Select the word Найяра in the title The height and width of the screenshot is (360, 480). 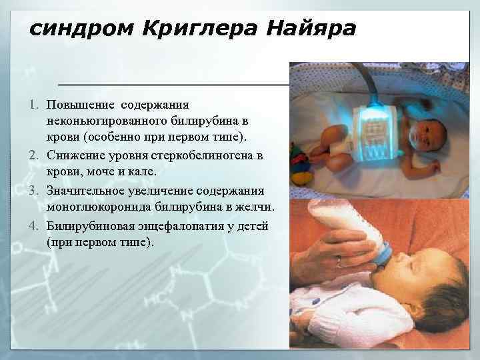coord(311,30)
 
